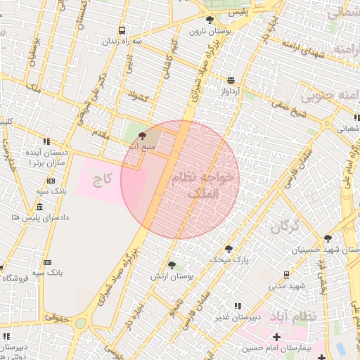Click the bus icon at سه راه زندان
[122, 31]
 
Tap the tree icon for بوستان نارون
[210, 20]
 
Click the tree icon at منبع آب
[143, 135]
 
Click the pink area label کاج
[104, 179]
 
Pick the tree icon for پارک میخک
[228, 248]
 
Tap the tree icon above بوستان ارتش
[172, 265]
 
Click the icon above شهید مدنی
[286, 274]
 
